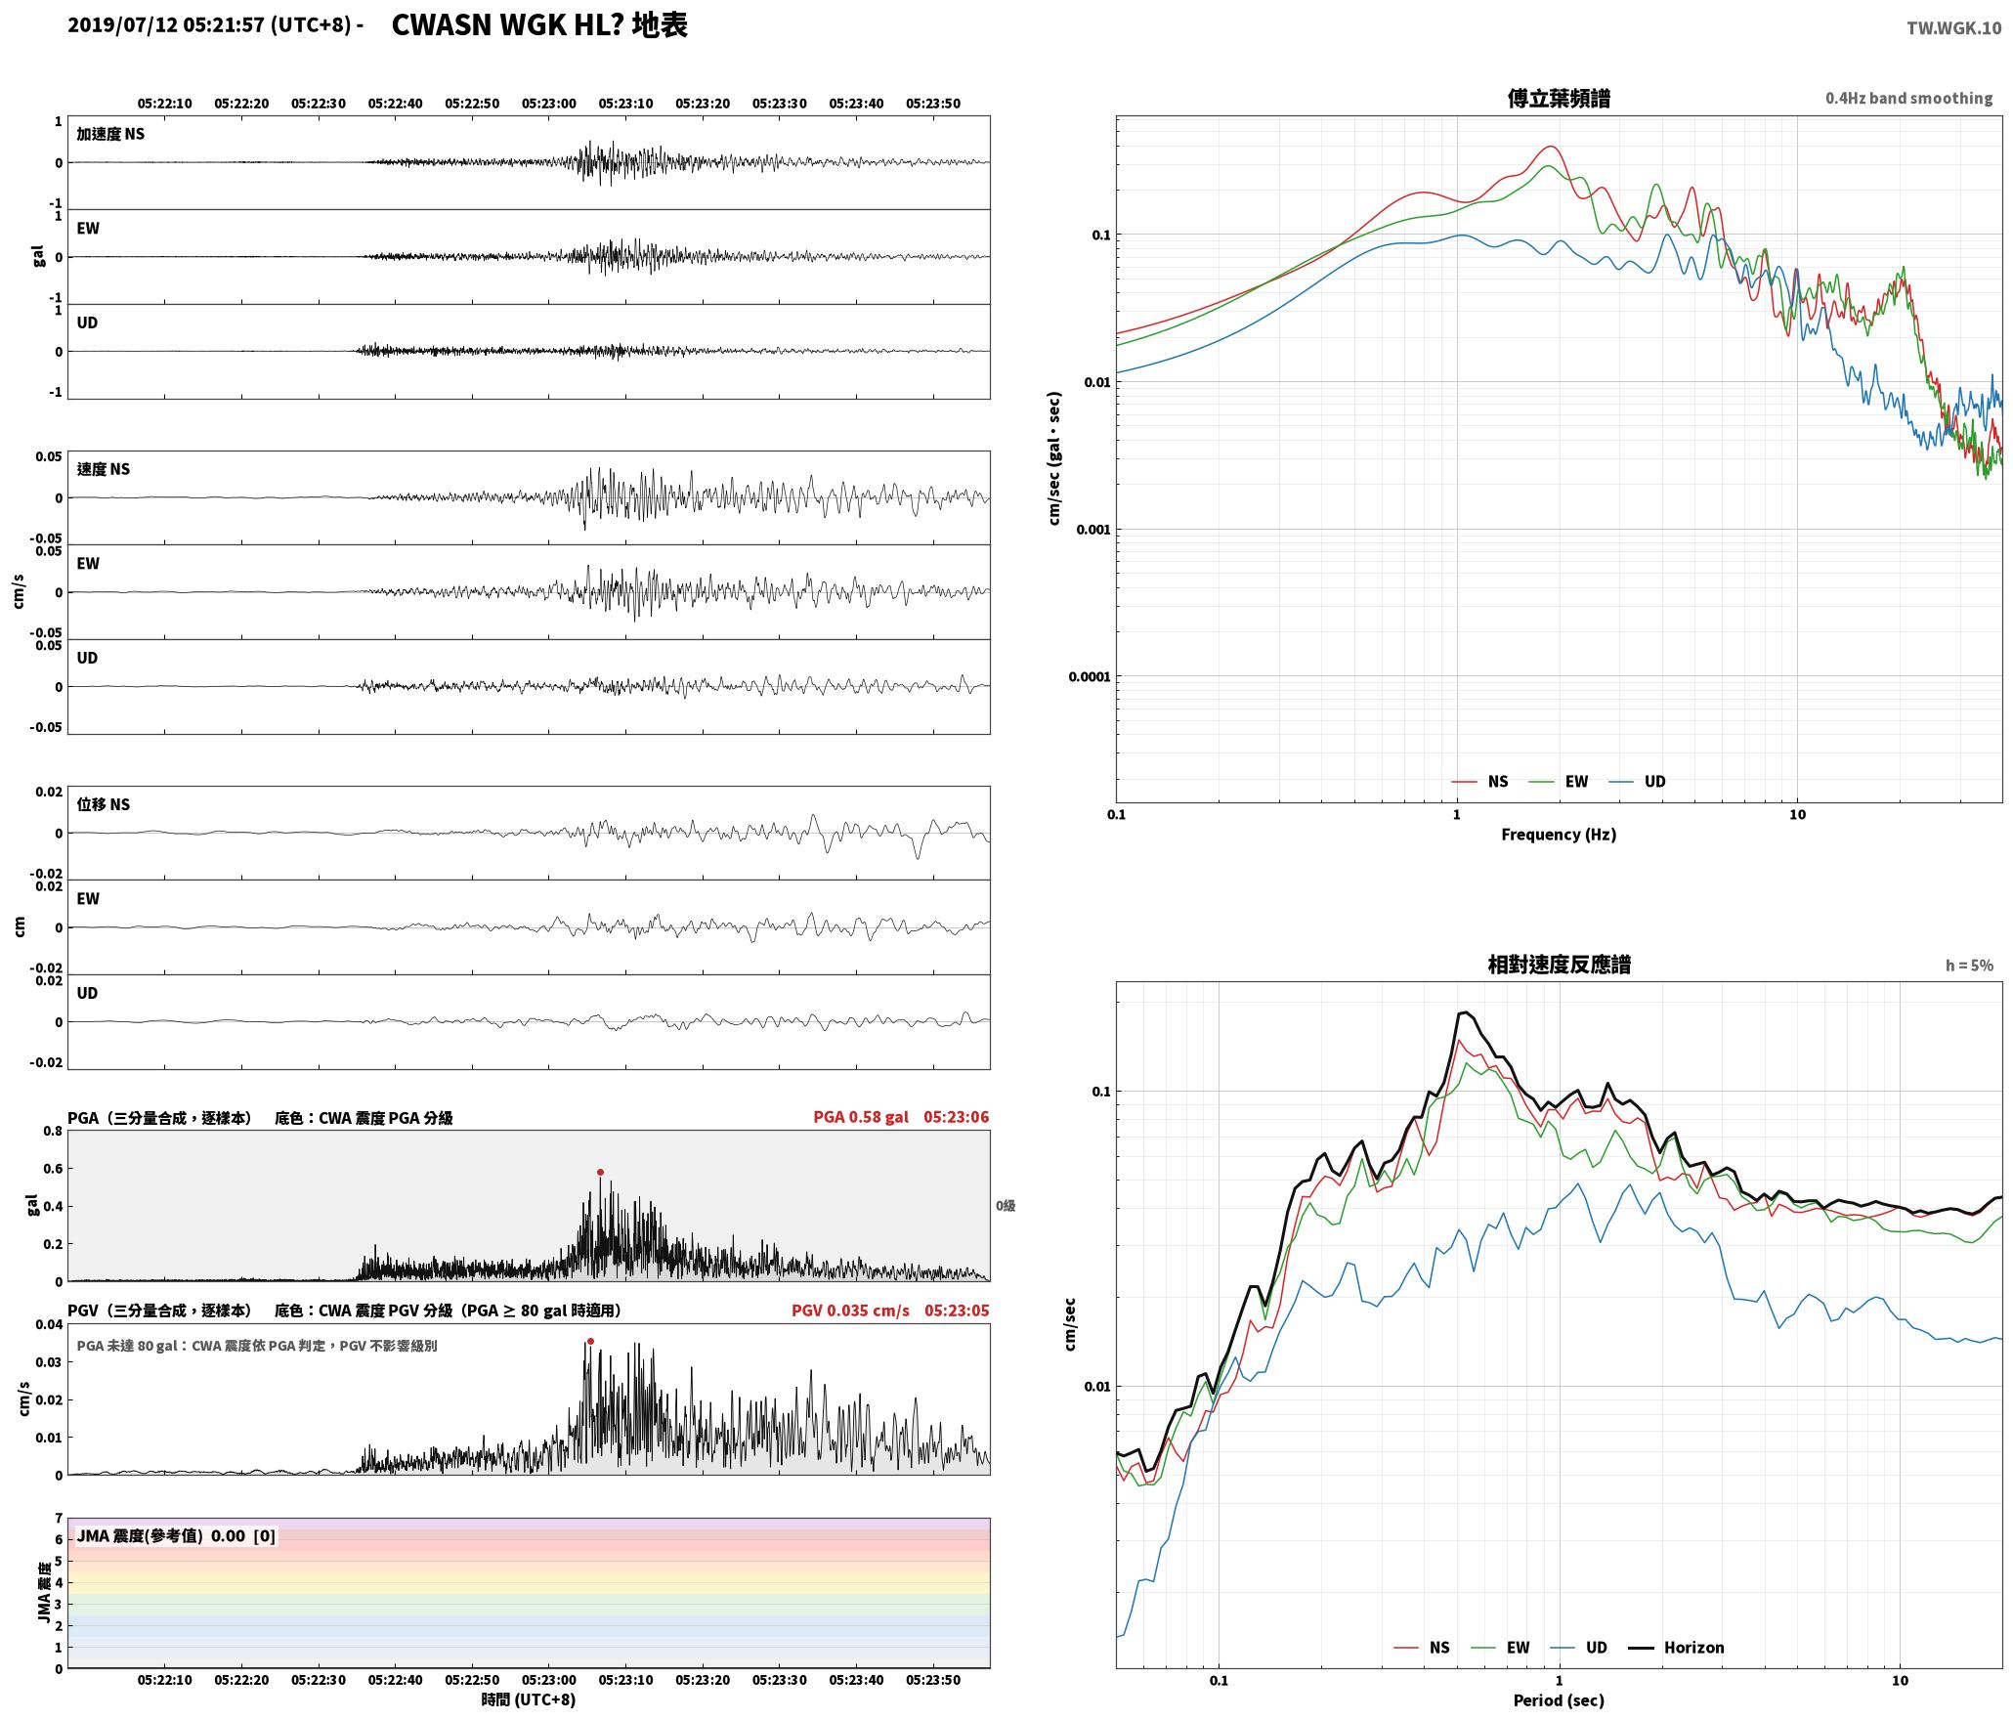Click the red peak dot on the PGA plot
click(x=600, y=1172)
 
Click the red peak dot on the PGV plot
click(x=590, y=1341)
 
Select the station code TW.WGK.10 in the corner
click(x=1953, y=28)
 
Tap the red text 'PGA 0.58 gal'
click(x=861, y=1117)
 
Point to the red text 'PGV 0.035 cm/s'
click(x=850, y=1311)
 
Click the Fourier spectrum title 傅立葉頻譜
click(x=1559, y=99)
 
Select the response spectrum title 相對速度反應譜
click(x=1559, y=965)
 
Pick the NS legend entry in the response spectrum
click(x=1422, y=1648)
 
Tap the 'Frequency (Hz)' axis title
click(x=1559, y=835)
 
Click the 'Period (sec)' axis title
click(x=1559, y=1700)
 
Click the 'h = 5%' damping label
click(x=1969, y=966)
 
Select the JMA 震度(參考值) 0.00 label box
click(x=176, y=1536)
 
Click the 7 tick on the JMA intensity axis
click(x=59, y=1519)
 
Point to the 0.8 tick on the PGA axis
click(x=53, y=1132)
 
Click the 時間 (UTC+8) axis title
click(x=529, y=1700)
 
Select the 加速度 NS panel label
click(x=110, y=134)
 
